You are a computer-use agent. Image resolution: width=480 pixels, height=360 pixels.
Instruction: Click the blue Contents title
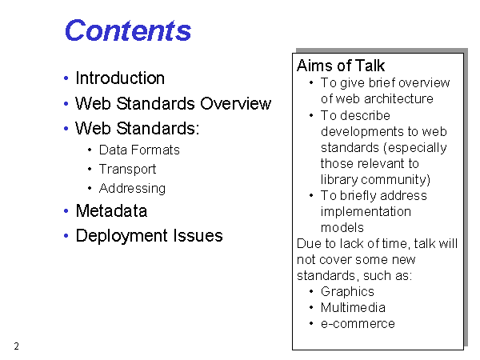coord(128,30)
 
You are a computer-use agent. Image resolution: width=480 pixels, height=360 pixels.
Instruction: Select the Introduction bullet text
coord(120,78)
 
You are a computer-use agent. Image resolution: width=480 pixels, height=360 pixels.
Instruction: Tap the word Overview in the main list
coord(236,103)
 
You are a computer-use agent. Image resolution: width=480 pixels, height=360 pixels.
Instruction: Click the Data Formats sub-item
coord(139,150)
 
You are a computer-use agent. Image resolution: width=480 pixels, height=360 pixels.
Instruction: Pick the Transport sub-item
coord(127,170)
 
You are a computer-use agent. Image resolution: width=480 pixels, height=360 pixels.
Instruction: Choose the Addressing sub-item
coord(132,189)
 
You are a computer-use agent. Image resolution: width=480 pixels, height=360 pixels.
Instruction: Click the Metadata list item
coord(111,211)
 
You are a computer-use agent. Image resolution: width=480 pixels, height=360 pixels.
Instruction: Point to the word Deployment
coord(122,236)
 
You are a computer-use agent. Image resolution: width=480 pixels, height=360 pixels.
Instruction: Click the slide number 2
coord(17,346)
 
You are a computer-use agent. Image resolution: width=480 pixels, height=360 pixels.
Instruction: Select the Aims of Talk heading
coord(341,66)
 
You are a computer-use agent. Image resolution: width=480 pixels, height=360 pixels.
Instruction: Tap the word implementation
coord(366,211)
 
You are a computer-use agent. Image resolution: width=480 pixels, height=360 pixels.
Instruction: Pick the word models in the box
coord(342,228)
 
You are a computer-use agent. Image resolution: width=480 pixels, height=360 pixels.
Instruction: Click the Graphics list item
coord(347,292)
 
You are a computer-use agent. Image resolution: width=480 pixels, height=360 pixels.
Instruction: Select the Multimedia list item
coord(353,308)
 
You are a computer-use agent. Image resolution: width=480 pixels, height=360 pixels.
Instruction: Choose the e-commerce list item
coord(358,324)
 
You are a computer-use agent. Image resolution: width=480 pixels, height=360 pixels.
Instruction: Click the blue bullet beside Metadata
coord(66,211)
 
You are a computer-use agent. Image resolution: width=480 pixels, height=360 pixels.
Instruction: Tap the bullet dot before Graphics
coord(311,291)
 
